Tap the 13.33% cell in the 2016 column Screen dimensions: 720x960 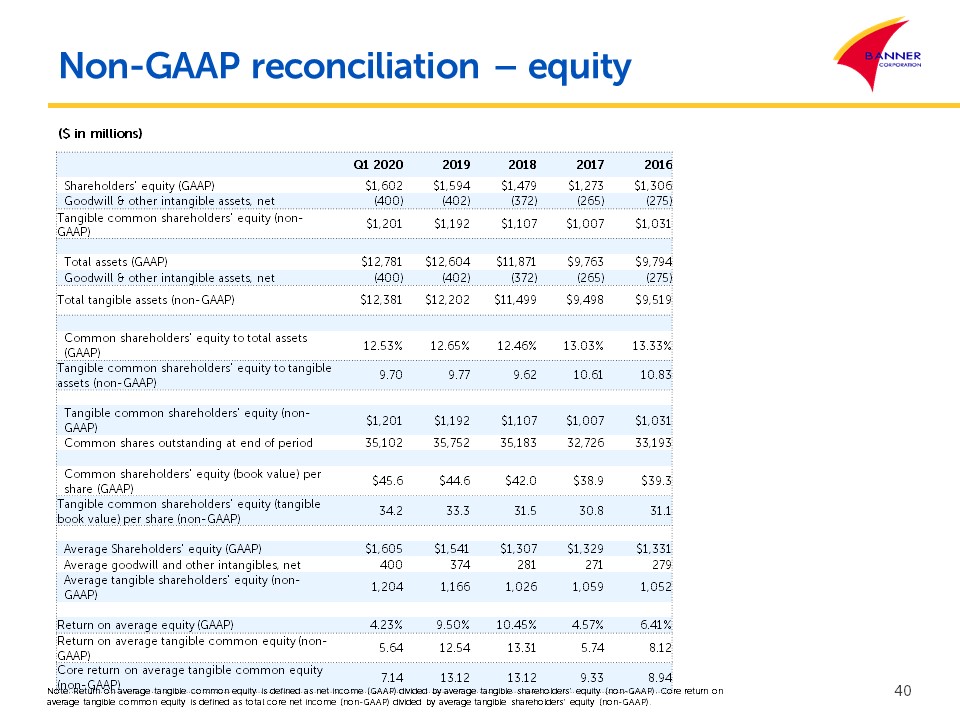click(653, 345)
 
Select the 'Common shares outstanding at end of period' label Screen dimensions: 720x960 click(188, 442)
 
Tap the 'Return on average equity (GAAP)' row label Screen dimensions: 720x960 click(131, 625)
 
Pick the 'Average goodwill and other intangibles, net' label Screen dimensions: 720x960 click(182, 565)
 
